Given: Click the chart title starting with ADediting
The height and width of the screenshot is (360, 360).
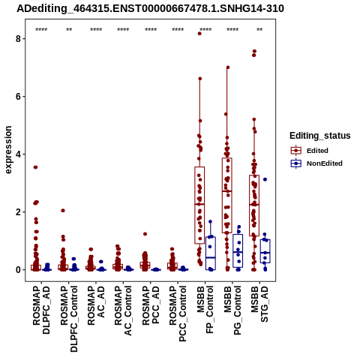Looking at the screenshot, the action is coord(150,8).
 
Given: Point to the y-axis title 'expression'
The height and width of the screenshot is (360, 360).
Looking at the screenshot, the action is coord(8,150).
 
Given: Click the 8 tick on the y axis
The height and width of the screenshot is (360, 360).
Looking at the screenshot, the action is coord(18,39).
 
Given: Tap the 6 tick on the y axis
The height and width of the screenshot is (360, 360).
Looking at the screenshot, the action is coord(18,97).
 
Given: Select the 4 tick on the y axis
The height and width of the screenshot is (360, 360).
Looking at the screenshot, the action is coord(18,154).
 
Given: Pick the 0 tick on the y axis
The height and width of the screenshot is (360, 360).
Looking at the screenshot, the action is coord(18,270).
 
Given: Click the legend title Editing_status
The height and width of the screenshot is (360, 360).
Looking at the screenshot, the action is coord(320,136).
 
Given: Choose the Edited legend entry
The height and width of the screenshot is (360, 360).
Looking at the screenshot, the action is coord(309,151).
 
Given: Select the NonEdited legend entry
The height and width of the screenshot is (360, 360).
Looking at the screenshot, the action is coord(316,163).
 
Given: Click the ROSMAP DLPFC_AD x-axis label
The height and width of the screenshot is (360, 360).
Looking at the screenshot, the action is coord(41,310).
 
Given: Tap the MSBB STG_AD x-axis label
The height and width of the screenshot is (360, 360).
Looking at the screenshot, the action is coord(259,304).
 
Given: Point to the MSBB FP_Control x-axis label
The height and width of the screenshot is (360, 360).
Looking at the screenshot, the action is coord(205,310).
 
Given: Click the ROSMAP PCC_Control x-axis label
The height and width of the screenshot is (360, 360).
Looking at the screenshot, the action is coord(178,313).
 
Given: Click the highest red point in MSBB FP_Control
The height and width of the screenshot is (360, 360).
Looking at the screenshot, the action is coord(199,34).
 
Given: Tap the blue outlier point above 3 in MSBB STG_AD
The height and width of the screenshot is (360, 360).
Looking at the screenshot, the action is coord(265,179).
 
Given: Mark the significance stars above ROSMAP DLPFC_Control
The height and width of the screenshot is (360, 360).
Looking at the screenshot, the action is coord(69,30).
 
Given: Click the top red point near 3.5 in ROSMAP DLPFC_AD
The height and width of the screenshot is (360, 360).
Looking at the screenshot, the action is coord(35,167).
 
